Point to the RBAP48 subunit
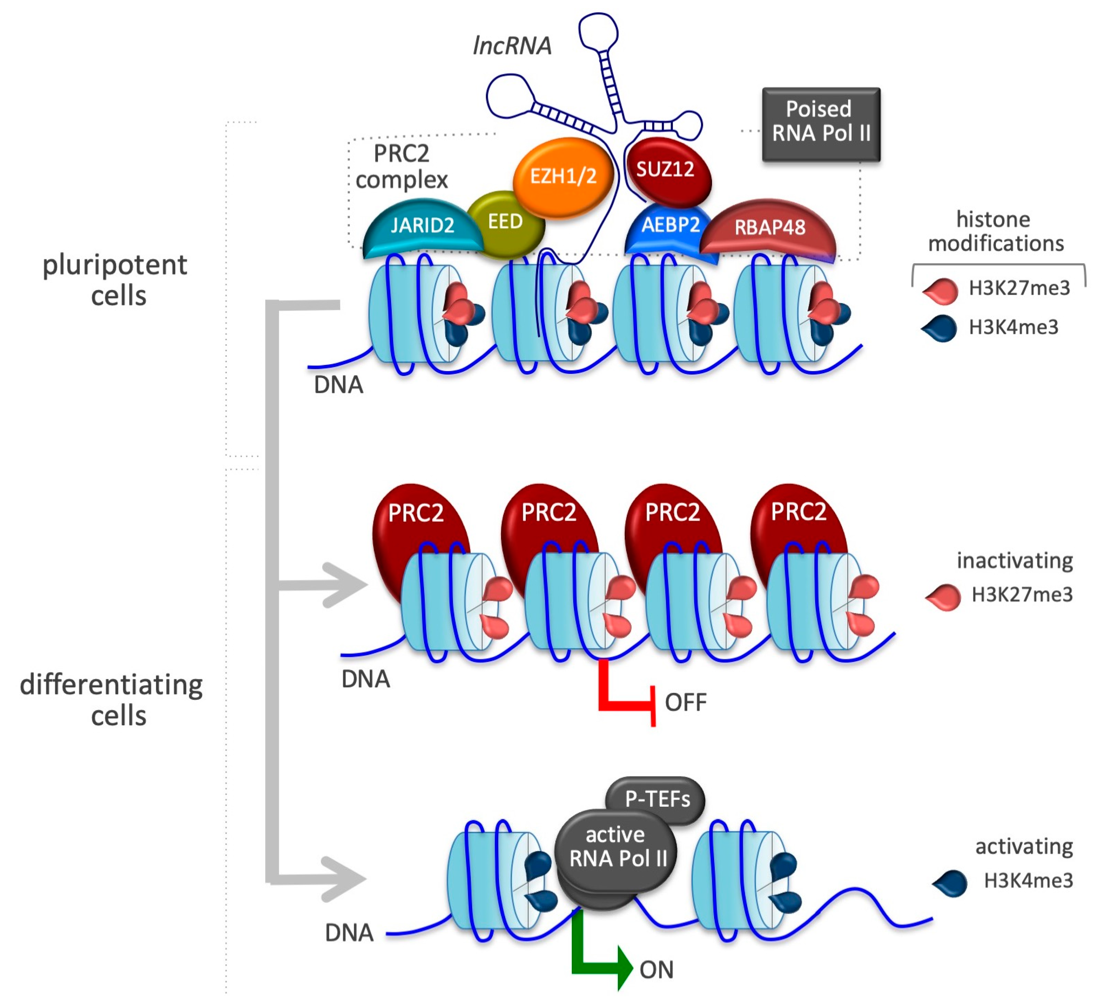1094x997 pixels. pyautogui.click(x=769, y=228)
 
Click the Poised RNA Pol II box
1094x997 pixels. pyautogui.click(x=821, y=122)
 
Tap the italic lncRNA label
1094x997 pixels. pyautogui.click(x=512, y=46)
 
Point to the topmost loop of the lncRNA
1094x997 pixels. pyautogui.click(x=598, y=30)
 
